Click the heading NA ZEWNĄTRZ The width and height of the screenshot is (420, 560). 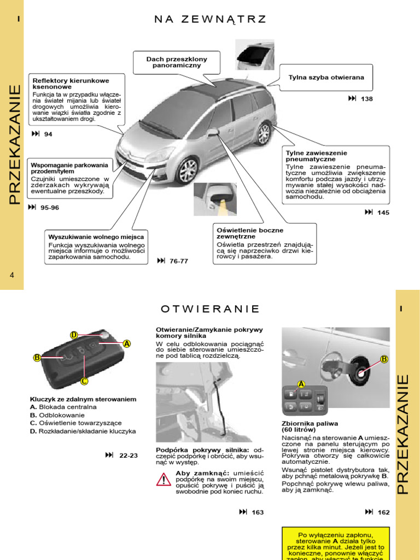[x=210, y=20]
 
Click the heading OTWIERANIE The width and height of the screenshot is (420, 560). [x=210, y=309]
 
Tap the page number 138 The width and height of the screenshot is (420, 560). [x=366, y=99]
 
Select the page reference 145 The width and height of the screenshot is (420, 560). [x=383, y=213]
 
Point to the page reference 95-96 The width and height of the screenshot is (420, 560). [x=50, y=208]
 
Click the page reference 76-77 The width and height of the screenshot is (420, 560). [x=178, y=261]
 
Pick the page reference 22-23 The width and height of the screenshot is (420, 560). [x=129, y=456]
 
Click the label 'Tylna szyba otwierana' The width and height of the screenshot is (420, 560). [x=326, y=78]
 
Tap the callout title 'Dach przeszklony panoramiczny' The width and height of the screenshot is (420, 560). [x=177, y=62]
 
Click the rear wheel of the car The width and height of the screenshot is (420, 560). [x=264, y=133]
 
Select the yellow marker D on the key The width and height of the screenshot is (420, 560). [x=74, y=335]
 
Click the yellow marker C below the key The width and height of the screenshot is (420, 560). [x=84, y=381]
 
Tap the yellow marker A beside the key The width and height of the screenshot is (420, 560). [x=127, y=343]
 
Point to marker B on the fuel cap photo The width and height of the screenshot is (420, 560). [x=384, y=359]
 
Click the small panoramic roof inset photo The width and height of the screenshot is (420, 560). [x=255, y=55]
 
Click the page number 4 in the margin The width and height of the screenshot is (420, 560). [x=11, y=275]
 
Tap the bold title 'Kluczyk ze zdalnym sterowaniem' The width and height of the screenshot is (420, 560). [x=83, y=399]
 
